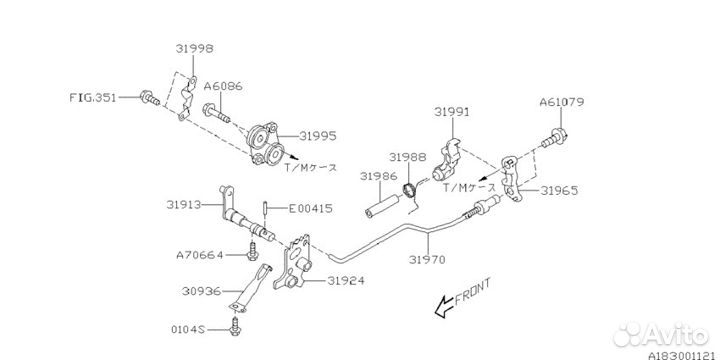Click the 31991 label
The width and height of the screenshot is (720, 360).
click(452, 112)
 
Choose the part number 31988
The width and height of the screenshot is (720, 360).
click(408, 156)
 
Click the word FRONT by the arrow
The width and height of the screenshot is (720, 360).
click(475, 297)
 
